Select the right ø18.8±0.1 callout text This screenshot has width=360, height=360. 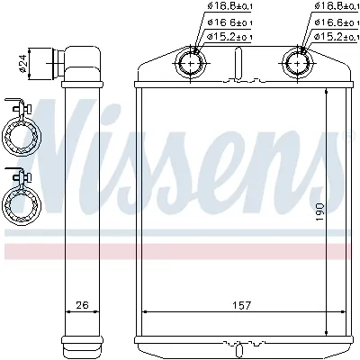pos(334,6)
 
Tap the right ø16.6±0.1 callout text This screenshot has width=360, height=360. pos(334,22)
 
